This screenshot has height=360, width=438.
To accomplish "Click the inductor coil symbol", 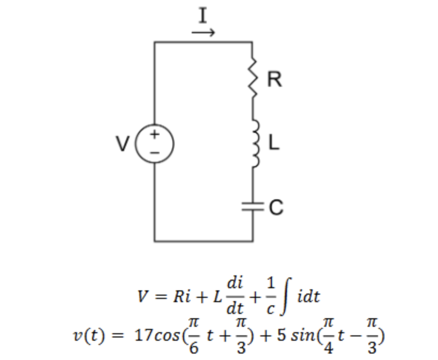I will click(253, 143).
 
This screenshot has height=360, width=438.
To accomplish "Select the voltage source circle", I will click(154, 143).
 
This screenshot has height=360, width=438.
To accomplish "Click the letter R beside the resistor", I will click(274, 79).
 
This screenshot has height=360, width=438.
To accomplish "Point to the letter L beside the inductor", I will click(274, 143).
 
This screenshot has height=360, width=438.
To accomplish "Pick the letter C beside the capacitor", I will click(276, 207).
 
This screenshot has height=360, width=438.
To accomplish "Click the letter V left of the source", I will click(123, 144).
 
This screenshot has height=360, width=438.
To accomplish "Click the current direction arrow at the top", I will click(203, 33).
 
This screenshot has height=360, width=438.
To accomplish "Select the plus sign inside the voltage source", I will click(154, 134).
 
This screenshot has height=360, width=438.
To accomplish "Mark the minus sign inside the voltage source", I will click(154, 152).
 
